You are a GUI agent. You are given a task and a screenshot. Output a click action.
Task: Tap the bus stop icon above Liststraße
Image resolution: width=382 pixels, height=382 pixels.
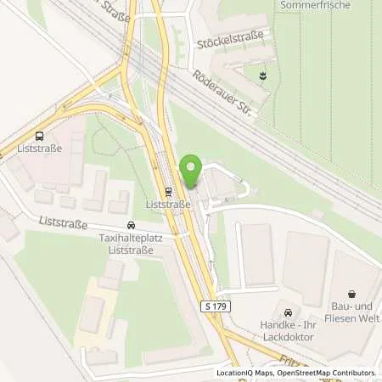(x=39, y=136)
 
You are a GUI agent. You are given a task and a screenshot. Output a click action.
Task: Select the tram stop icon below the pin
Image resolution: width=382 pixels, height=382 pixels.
(x=166, y=191)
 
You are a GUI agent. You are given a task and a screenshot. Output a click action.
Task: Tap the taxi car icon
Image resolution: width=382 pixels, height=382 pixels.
(x=130, y=226)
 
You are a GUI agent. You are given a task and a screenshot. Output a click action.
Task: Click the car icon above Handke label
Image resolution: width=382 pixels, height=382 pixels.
(x=288, y=312)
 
